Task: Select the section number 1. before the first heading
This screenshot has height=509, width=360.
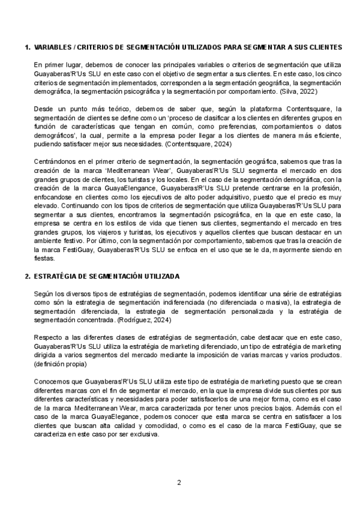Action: point(26,47)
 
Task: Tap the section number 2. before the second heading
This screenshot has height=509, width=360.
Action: point(26,276)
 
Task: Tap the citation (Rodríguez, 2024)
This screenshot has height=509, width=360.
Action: point(144,321)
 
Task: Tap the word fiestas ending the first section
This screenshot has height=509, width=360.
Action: point(45,259)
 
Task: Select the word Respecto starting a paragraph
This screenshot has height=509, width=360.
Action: point(48,339)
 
